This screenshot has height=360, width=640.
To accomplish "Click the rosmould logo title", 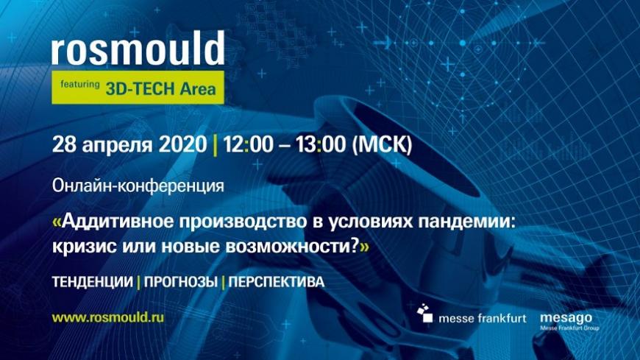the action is (138, 48).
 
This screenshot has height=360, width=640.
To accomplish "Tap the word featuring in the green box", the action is (80, 85).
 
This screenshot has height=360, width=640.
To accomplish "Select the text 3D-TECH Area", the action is (161, 88).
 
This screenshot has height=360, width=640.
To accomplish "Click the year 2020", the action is (183, 144).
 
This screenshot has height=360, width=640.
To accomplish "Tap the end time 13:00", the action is (321, 144).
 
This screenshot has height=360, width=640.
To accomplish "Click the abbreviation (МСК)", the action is (382, 144).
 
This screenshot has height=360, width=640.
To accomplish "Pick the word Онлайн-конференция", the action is (138, 186).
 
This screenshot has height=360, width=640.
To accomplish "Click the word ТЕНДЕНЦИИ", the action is (93, 282).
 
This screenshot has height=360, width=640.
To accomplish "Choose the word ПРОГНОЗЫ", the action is (180, 282).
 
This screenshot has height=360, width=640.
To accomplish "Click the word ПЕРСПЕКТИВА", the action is (277, 282).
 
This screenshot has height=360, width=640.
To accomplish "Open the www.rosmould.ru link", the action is (107, 317).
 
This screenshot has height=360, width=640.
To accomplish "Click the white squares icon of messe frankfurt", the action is (425, 313).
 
